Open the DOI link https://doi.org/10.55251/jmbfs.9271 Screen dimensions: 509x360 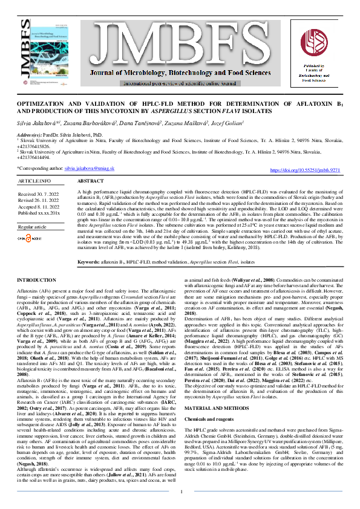click(304, 171)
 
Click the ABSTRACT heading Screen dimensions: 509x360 click(91, 181)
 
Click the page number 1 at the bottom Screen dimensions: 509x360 click(182, 491)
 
